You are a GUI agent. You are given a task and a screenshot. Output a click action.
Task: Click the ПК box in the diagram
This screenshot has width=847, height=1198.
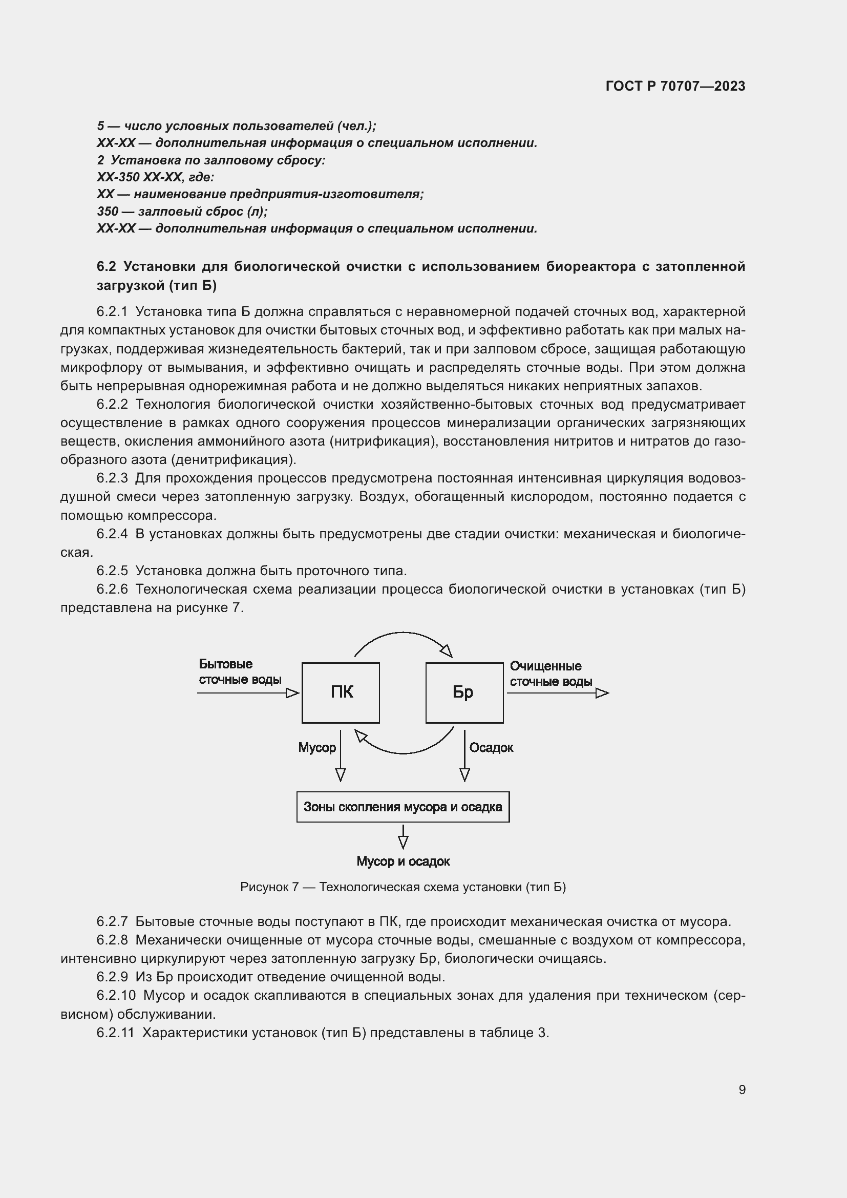pos(341,692)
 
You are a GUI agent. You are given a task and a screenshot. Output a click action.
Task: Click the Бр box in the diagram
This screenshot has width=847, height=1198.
pos(464,692)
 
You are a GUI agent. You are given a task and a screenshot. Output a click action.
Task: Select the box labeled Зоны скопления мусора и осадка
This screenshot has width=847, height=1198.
pos(403,807)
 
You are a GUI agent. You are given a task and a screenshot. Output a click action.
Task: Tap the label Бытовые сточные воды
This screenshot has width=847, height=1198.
pos(240,672)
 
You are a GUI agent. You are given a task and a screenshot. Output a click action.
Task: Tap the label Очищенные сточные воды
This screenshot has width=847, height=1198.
pos(551,674)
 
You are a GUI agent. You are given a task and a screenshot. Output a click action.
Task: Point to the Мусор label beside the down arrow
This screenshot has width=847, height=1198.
pos(316,748)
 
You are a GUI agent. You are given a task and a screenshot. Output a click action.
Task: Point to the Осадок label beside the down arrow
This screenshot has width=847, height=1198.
pos(491,748)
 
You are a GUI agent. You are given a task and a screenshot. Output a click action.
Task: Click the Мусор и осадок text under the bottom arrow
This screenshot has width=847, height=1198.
pos(403,861)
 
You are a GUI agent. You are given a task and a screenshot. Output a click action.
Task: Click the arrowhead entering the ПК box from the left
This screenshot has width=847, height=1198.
pos(292,693)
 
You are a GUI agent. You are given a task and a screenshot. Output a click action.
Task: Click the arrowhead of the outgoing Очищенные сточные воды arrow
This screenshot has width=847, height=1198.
pos(602,693)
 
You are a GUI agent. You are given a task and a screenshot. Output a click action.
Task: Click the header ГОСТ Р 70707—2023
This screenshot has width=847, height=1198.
pos(675,86)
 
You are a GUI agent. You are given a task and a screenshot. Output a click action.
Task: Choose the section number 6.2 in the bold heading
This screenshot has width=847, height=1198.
pos(107,267)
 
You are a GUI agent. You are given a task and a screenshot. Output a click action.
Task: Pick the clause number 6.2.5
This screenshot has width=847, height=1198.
pos(112,571)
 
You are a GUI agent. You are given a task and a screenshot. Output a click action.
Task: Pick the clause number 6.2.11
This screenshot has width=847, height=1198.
pos(115,1033)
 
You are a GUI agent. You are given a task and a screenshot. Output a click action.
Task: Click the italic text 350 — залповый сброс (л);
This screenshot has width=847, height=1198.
pos(182,212)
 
